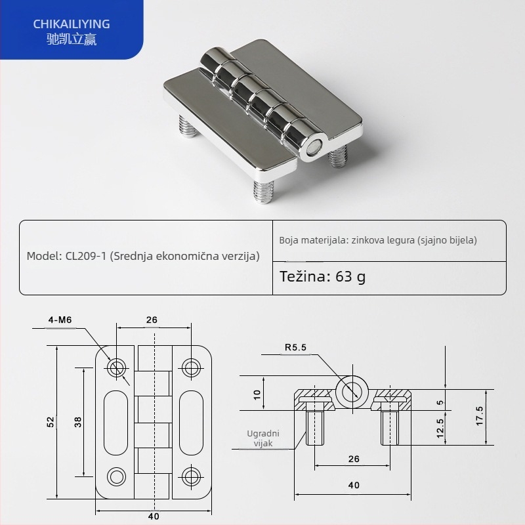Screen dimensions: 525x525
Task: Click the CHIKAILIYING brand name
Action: click(x=72, y=24)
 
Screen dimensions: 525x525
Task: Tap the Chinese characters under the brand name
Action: click(x=72, y=38)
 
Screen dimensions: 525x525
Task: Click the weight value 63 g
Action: click(x=350, y=276)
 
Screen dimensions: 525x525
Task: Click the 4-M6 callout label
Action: click(x=60, y=320)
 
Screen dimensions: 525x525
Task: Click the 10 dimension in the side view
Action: click(x=257, y=394)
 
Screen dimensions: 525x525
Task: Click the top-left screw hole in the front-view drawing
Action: click(x=118, y=367)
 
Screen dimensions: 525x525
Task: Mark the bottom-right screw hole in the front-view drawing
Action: click(x=191, y=475)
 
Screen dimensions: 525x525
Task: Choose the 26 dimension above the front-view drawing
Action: click(x=152, y=320)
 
